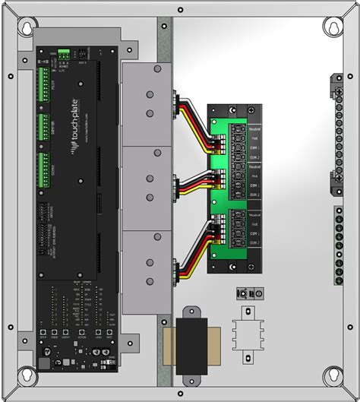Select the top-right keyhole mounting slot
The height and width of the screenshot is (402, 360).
point(332,27)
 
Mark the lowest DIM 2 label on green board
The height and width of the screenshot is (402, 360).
point(254,243)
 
